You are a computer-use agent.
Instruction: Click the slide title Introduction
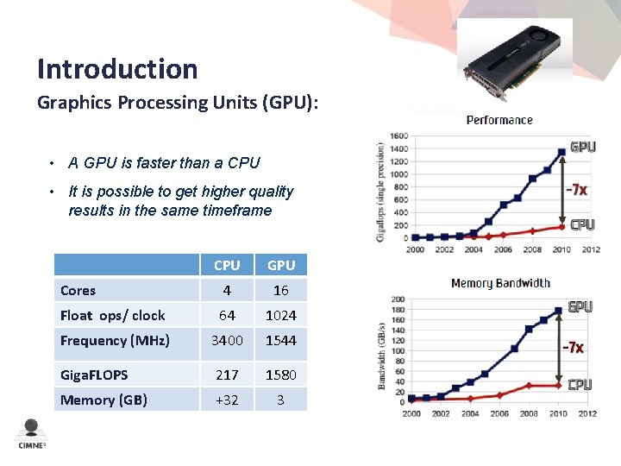pyautogui.click(x=117, y=69)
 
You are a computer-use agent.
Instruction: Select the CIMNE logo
pyautogui.click(x=32, y=434)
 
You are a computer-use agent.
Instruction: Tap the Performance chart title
pyautogui.click(x=499, y=120)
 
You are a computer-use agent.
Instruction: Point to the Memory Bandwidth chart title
pyautogui.click(x=500, y=283)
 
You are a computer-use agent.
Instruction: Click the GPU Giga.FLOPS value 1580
pyautogui.click(x=281, y=375)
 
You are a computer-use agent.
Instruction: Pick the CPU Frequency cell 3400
pyautogui.click(x=227, y=340)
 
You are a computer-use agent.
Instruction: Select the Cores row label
pyautogui.click(x=78, y=291)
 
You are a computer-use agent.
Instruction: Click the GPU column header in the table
pyautogui.click(x=281, y=265)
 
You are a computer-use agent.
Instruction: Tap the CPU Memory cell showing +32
pyautogui.click(x=227, y=400)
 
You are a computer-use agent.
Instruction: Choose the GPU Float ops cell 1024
pyautogui.click(x=281, y=315)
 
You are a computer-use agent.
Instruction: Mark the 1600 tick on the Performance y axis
pyautogui.click(x=399, y=135)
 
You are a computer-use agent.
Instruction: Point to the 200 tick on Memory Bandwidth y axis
pyautogui.click(x=398, y=299)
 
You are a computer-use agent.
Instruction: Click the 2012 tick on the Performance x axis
pyautogui.click(x=591, y=250)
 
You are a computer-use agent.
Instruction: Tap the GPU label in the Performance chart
pyautogui.click(x=582, y=148)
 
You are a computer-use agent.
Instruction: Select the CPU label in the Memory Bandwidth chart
pyautogui.click(x=580, y=385)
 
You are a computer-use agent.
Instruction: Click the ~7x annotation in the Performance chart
pyautogui.click(x=576, y=189)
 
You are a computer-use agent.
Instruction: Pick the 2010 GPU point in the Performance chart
pyautogui.click(x=561, y=151)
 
